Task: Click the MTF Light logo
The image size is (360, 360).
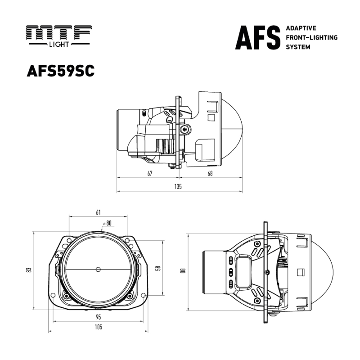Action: pyautogui.click(x=59, y=36)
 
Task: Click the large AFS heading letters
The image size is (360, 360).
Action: pyautogui.click(x=257, y=38)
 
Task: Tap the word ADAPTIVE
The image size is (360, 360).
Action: pyautogui.click(x=301, y=28)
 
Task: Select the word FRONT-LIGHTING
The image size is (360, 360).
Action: pyautogui.click(x=311, y=37)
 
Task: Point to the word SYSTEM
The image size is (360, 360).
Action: pyautogui.click(x=298, y=47)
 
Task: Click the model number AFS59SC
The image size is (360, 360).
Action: pyautogui.click(x=61, y=72)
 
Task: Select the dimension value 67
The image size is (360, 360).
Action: pyautogui.click(x=149, y=173)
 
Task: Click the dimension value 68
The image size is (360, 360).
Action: pyautogui.click(x=210, y=173)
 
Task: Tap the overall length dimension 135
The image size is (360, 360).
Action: pyautogui.click(x=179, y=187)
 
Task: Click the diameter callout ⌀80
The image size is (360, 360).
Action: pyautogui.click(x=107, y=223)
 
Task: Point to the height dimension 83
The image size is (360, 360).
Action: pyautogui.click(x=28, y=270)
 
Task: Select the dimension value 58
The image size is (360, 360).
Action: pyautogui.click(x=158, y=268)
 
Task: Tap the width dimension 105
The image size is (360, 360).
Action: pyautogui.click(x=99, y=327)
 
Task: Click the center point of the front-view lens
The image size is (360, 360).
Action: pyautogui.click(x=98, y=269)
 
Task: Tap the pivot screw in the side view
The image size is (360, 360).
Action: pyautogui.click(x=184, y=130)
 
